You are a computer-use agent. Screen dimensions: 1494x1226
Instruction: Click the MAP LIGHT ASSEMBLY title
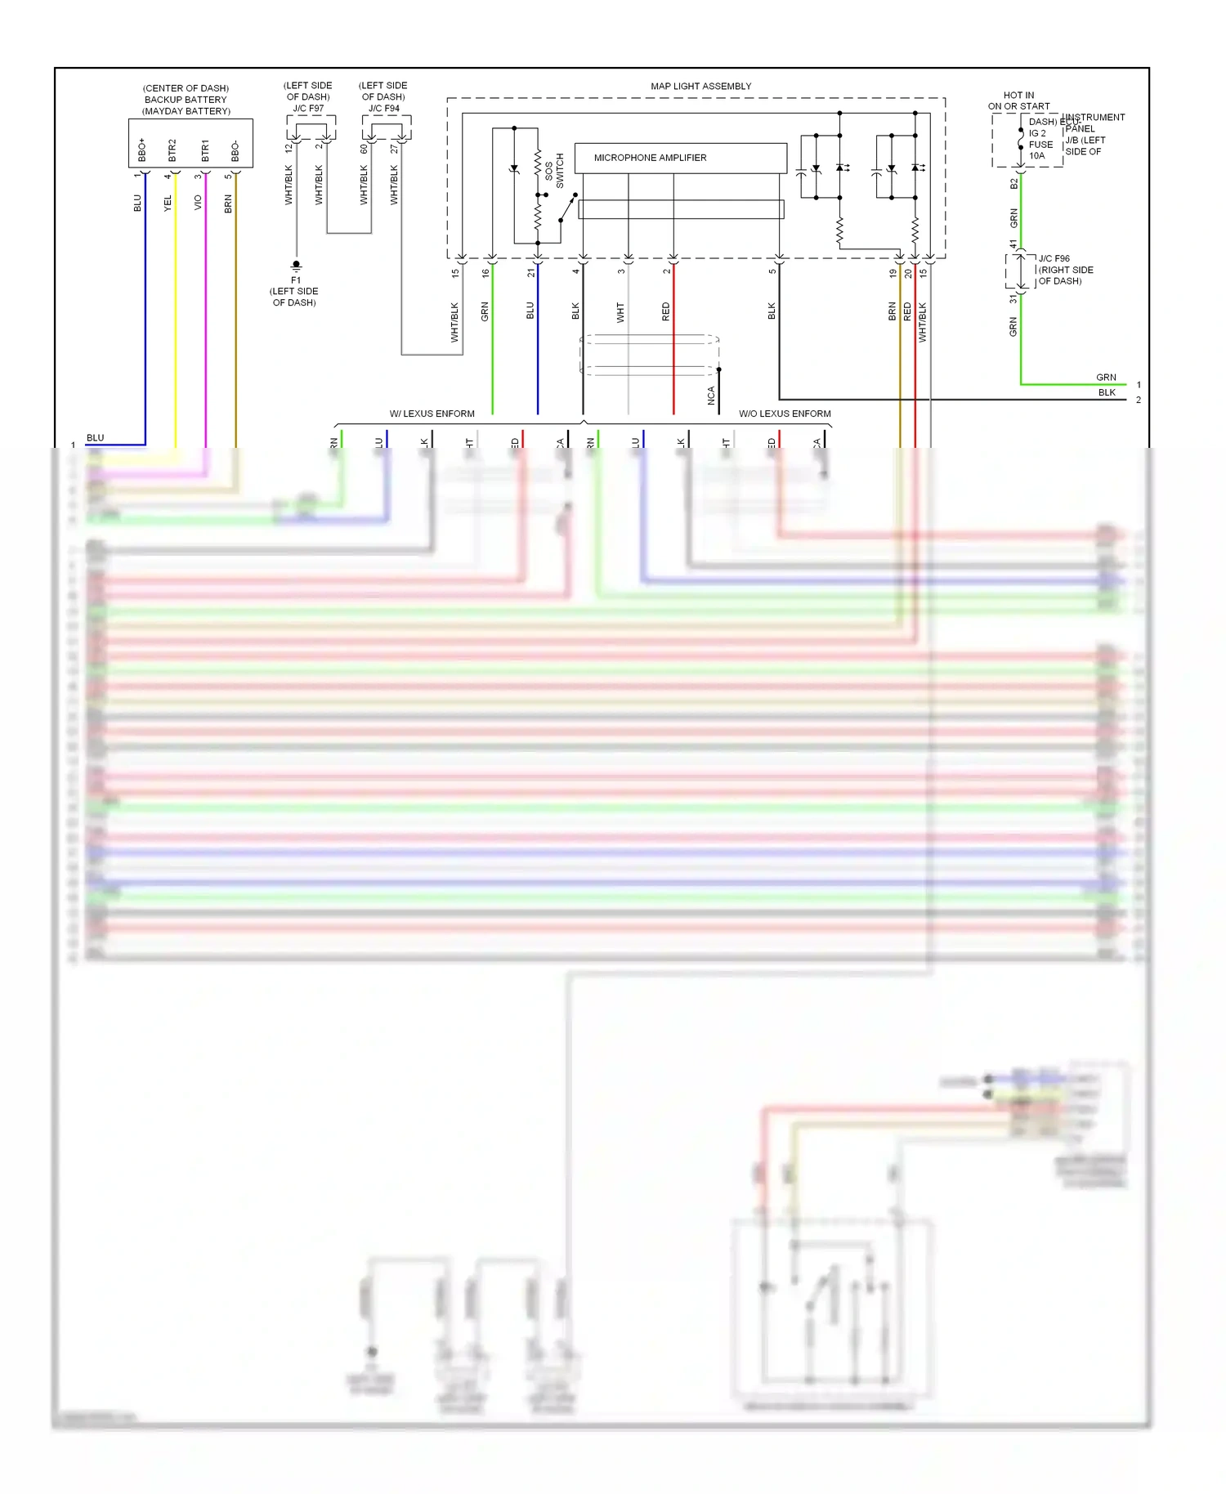[x=700, y=86]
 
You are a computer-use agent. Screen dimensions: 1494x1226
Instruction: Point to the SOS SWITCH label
[x=554, y=171]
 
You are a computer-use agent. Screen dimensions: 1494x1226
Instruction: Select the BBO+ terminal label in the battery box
[x=142, y=150]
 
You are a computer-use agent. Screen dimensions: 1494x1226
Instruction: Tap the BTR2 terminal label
[x=172, y=150]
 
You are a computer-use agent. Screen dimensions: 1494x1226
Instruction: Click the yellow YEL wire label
[x=168, y=203]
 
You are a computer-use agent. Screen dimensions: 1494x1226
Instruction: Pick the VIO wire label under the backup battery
[x=198, y=203]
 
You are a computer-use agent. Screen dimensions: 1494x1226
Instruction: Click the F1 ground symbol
[x=296, y=266]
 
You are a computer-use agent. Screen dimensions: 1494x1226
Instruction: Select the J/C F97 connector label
[x=308, y=108]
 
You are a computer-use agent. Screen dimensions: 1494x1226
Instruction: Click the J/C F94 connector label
[x=383, y=108]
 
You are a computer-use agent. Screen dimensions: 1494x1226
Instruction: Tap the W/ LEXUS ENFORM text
[x=432, y=414]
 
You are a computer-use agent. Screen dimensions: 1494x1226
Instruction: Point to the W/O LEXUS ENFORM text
[x=785, y=414]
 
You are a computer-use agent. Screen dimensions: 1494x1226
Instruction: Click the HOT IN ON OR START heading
[x=1018, y=101]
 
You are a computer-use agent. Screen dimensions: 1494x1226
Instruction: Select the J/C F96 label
[x=1054, y=258]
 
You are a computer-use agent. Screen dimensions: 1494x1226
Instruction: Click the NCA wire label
[x=711, y=396]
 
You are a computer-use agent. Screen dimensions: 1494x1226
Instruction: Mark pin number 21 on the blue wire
[x=530, y=272]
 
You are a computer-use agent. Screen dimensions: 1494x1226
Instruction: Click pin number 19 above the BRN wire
[x=893, y=273]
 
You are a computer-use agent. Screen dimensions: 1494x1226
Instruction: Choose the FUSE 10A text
[x=1040, y=150]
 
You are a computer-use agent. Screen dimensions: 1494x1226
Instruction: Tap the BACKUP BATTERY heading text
[x=186, y=100]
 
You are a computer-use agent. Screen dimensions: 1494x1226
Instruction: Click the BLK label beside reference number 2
[x=1107, y=392]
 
